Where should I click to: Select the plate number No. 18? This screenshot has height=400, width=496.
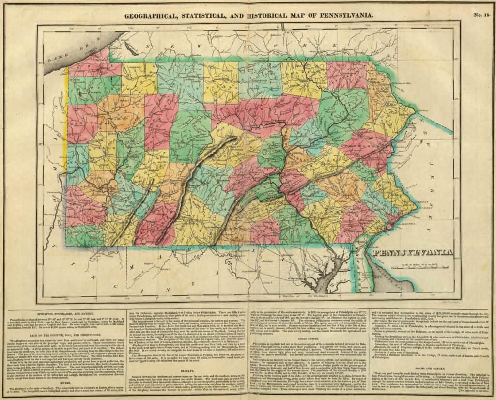481,15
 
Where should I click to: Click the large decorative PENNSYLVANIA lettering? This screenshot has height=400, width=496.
412,252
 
